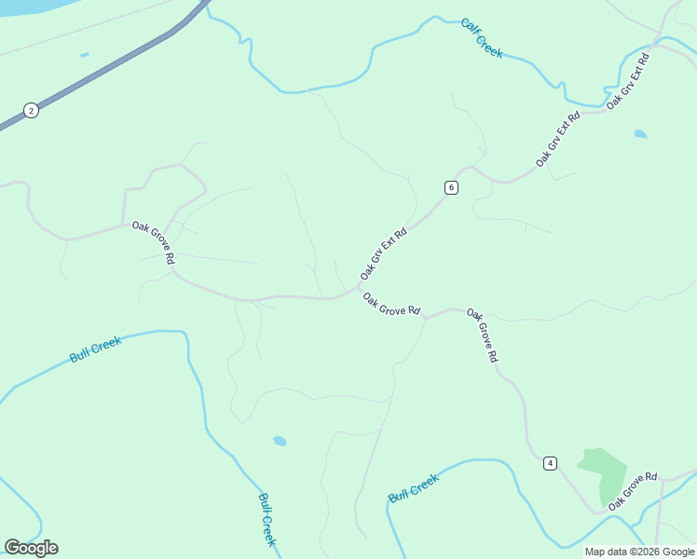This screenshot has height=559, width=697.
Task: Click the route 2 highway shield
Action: click(x=31, y=110)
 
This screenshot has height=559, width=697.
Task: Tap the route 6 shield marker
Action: click(x=451, y=187)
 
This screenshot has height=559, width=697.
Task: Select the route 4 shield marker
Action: click(x=551, y=463)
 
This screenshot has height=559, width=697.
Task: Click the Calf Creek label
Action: click(x=482, y=38)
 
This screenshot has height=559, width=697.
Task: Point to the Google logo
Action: click(x=31, y=548)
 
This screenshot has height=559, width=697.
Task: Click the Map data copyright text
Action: click(x=639, y=552)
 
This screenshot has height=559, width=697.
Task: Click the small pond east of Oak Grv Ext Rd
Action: click(x=640, y=134)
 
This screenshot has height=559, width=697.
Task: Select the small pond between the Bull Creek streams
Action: click(x=280, y=441)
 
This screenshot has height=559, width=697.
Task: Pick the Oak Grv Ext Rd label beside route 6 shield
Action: click(x=384, y=254)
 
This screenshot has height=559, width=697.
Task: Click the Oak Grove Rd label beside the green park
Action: click(x=633, y=490)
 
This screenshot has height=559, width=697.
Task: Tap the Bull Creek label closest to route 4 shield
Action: click(x=414, y=487)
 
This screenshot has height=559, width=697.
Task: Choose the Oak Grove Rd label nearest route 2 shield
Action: click(x=154, y=242)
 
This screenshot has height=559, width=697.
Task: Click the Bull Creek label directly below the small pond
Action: click(x=266, y=519)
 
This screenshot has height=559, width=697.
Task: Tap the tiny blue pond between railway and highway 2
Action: click(x=85, y=55)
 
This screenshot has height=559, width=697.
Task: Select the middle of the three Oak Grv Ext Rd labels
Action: click(x=558, y=140)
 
